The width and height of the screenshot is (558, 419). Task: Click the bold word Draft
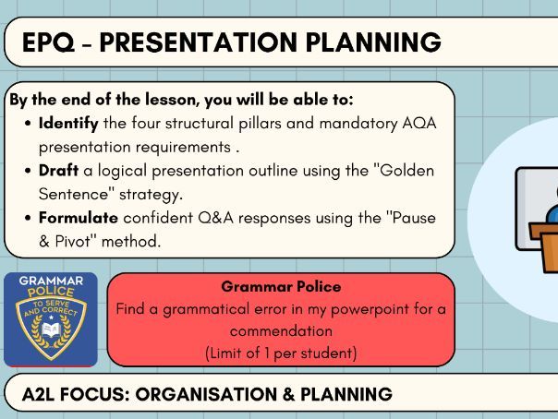coord(57,172)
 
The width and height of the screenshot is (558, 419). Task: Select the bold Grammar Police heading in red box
coord(281,287)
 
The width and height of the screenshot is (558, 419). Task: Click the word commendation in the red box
coord(281,330)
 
